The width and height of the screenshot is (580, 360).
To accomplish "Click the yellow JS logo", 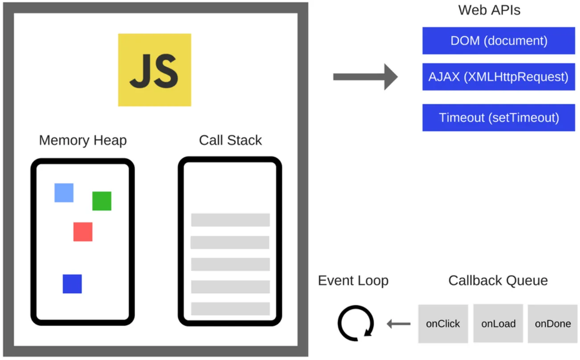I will point(155,70).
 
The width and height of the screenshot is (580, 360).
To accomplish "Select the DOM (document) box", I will point(498,41).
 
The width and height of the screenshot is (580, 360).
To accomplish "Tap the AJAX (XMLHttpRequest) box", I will point(498,77).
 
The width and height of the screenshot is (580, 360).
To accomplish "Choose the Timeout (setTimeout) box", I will point(498,118).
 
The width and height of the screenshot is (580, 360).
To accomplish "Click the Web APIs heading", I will point(489,10).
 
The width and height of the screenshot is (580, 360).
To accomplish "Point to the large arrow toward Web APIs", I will point(365,77).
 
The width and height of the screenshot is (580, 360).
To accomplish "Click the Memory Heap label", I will point(83,140).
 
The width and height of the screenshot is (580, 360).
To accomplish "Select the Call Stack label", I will point(230,140).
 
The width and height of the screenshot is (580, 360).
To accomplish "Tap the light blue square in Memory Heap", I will point(64,193).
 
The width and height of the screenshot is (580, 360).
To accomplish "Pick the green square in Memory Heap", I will point(102,201).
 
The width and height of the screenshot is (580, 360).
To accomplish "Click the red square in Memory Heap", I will point(83,232).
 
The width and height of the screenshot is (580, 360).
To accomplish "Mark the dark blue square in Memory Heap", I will point(72,284).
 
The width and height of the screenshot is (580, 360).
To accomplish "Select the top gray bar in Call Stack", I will point(230,220).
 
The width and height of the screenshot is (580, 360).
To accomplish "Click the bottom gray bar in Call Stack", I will point(230,309).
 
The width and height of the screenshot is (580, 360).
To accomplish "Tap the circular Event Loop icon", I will point(355,323).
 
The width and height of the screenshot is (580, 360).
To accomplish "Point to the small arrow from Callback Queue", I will point(398,324).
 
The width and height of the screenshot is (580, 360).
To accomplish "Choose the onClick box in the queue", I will point(443,324).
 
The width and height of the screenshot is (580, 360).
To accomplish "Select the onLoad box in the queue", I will point(498,324).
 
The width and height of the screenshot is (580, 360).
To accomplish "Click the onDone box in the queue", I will point(552,324).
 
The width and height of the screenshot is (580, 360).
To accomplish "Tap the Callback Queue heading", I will point(498,281).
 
